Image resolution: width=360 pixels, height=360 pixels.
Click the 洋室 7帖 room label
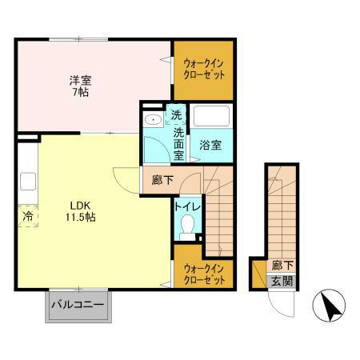79,86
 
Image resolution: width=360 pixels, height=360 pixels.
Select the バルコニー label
78,305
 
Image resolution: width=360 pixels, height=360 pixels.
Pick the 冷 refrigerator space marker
27,216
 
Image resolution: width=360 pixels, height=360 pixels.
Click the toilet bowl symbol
187,226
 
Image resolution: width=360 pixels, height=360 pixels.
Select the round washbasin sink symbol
152,121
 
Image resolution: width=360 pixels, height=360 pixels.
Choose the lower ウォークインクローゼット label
203,274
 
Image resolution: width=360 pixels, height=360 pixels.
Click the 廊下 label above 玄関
280,266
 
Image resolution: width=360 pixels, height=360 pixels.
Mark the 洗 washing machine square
176,115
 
